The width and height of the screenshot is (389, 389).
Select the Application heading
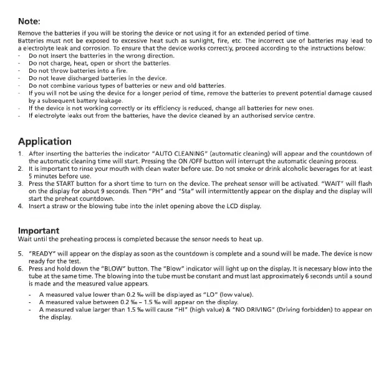pos(44,142)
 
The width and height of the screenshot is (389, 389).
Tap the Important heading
pos(39,230)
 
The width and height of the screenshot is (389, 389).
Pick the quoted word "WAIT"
pos(331,183)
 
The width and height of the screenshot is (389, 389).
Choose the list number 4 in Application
pos(21,206)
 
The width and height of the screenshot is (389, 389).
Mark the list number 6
pos(21,269)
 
